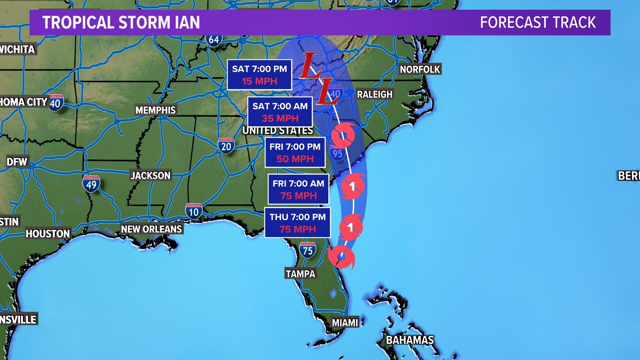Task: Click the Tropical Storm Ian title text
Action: click(121, 23)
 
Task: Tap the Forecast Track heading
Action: click(538, 23)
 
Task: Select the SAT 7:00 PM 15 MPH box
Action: click(259, 75)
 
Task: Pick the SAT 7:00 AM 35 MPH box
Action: click(280, 112)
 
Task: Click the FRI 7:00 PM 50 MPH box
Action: click(295, 153)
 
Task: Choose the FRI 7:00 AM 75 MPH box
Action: click(298, 189)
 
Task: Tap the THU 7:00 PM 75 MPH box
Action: click(297, 223)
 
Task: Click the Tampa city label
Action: click(300, 274)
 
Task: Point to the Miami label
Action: click(345, 322)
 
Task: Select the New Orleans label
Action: click(151, 229)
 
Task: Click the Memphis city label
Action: click(155, 110)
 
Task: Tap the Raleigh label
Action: click(375, 94)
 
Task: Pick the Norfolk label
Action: click(420, 69)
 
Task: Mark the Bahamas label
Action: click(410, 340)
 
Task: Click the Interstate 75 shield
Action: click(307, 250)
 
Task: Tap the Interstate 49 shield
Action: click(91, 184)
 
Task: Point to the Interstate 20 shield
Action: click(226, 146)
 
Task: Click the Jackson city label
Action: click(151, 175)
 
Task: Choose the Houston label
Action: click(48, 234)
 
